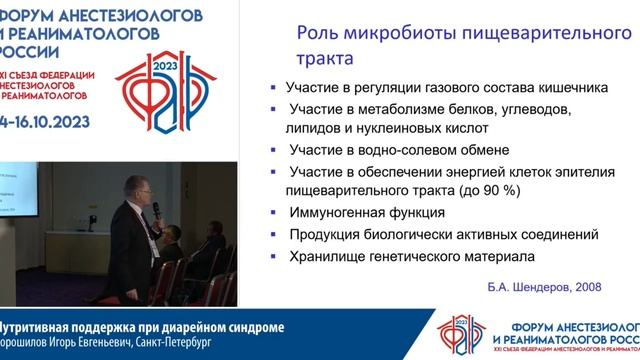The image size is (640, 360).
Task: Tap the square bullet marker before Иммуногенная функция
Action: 274,213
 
